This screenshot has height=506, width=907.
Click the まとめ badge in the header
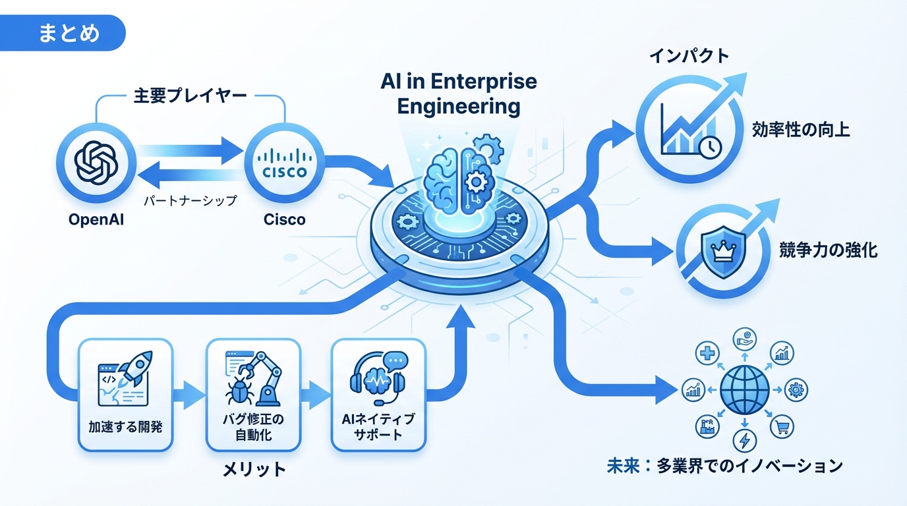pos(69,33)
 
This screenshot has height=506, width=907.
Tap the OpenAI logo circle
pos(96,162)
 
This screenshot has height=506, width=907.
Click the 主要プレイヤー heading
pos(190,96)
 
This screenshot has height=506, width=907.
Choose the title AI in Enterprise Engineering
pos(459,94)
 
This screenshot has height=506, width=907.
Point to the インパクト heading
pos(689,55)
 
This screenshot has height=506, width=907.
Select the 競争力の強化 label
pos(828,251)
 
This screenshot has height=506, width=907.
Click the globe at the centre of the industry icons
pos(744,390)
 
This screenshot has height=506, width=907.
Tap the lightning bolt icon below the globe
pos(745,440)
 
